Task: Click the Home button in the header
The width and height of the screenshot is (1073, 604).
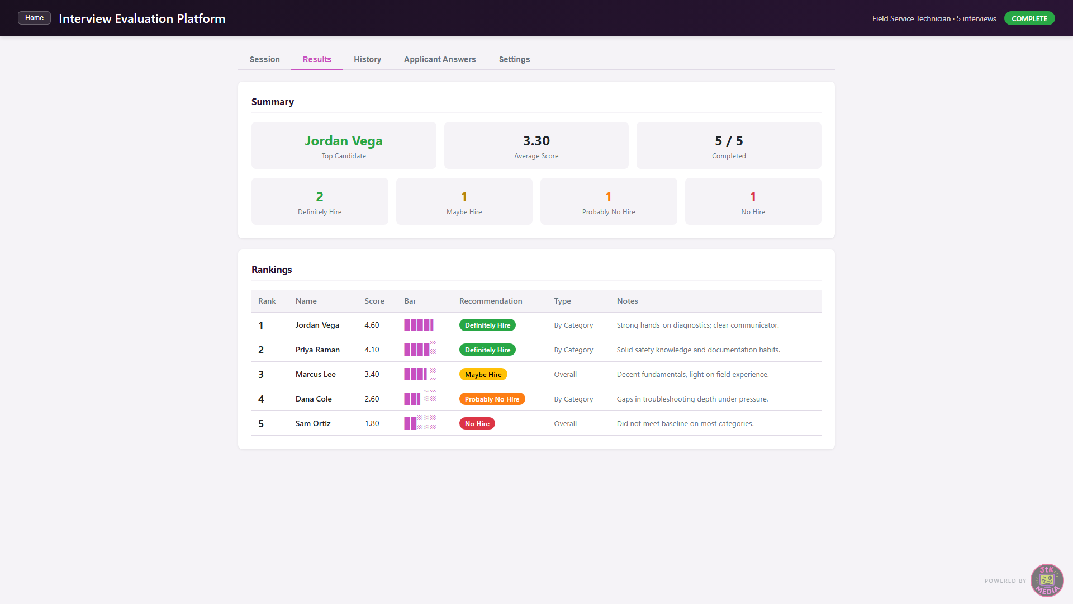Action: (x=34, y=18)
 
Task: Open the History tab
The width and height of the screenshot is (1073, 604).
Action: (x=367, y=59)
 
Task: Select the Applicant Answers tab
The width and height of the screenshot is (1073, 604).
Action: (x=440, y=59)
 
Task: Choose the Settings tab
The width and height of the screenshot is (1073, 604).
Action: (x=514, y=59)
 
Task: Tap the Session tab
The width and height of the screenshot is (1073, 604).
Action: (x=265, y=59)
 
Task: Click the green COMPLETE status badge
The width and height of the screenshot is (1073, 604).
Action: (x=1029, y=18)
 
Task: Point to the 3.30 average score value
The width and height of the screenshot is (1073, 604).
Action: (x=536, y=141)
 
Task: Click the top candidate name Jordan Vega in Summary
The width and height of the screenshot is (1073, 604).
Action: (x=344, y=141)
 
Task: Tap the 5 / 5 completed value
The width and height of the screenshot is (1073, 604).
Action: (x=729, y=141)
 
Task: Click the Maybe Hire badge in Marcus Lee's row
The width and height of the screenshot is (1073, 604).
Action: (x=483, y=375)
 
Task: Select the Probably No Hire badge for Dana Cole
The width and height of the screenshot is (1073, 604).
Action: (x=492, y=399)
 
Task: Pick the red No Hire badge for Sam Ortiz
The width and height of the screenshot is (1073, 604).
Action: (x=477, y=424)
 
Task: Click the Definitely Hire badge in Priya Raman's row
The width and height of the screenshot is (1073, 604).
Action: (x=487, y=350)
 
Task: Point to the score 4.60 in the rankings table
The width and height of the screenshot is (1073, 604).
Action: (x=372, y=325)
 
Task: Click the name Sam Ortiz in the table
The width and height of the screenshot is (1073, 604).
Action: (x=313, y=424)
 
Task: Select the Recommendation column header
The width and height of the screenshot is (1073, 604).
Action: (x=491, y=301)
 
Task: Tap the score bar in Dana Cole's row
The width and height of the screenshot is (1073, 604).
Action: (x=420, y=399)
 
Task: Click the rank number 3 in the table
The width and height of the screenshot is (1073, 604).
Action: (x=260, y=375)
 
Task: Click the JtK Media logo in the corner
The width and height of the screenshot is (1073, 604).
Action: (x=1047, y=581)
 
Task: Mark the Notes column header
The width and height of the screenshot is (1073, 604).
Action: (x=627, y=301)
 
